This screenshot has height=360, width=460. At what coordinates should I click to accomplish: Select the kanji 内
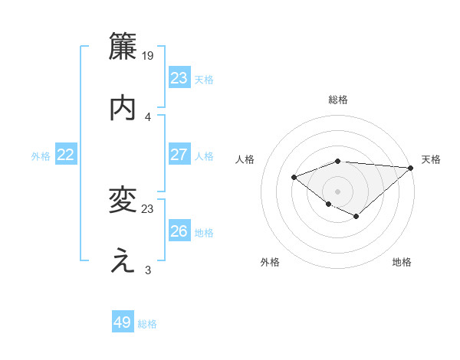point(123,108)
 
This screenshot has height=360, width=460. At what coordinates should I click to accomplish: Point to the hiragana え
point(123,262)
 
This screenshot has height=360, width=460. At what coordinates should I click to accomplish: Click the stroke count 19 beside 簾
point(148,55)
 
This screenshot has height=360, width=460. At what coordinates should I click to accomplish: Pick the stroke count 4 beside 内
point(148,116)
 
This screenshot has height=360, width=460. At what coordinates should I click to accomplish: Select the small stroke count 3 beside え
point(148,270)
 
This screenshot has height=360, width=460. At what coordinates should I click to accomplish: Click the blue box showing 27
point(179,155)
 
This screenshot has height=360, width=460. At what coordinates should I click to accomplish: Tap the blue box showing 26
point(179,231)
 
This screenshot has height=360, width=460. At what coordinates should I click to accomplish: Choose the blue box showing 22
point(66,155)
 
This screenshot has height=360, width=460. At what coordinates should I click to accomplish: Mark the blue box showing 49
point(123,322)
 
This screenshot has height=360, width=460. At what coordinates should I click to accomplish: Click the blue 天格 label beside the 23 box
point(204,79)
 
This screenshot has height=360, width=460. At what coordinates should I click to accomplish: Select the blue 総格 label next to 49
point(147,324)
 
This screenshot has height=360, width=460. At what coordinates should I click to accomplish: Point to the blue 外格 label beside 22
point(41,156)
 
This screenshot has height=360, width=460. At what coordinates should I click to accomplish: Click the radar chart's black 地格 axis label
point(402,263)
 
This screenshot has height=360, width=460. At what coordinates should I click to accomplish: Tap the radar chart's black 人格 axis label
point(245,159)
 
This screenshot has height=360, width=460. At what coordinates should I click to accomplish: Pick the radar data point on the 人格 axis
point(294,178)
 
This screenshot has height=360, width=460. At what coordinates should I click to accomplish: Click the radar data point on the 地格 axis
point(356,217)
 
